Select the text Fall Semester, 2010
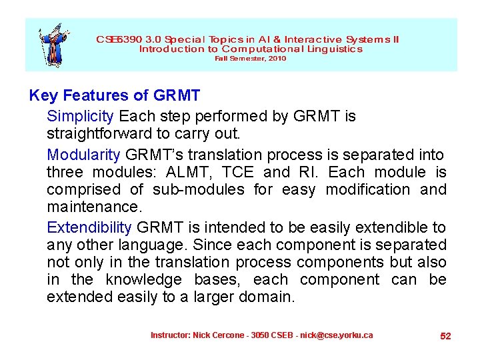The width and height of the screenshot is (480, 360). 250,59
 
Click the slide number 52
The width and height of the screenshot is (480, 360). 445,336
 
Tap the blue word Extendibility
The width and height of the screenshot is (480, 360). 89,228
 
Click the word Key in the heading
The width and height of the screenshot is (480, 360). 43,96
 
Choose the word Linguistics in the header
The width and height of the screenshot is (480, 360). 335,49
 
